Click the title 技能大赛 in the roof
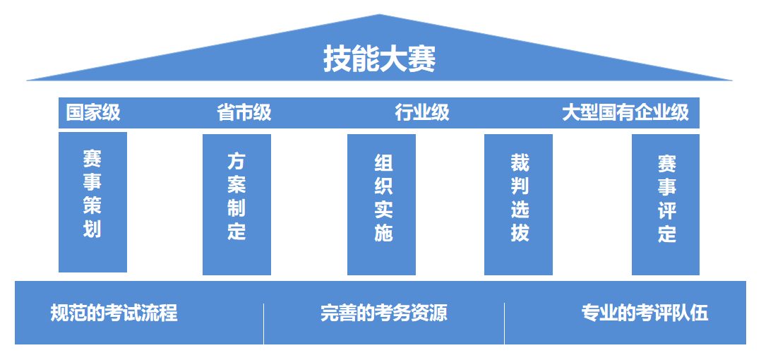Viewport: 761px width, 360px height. (x=379, y=59)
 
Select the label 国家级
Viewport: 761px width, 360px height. (x=93, y=113)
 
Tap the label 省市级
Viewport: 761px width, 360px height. (x=244, y=113)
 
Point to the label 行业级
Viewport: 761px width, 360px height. (x=421, y=113)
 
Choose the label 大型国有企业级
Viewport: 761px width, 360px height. (x=625, y=113)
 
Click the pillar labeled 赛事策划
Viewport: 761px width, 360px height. (x=92, y=202)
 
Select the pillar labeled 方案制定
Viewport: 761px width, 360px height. (x=236, y=204)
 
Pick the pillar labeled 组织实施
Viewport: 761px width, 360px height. (x=381, y=204)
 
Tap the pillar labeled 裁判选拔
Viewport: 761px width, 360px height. (x=518, y=204)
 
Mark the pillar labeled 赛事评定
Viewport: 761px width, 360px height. (x=665, y=204)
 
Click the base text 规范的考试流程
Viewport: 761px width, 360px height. (x=114, y=313)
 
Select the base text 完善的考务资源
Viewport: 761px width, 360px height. (x=383, y=313)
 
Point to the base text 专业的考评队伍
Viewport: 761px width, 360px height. (x=645, y=313)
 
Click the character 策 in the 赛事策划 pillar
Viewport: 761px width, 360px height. (x=92, y=205)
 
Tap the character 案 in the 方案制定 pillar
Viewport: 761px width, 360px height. (x=236, y=185)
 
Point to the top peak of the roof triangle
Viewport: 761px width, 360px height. (x=380, y=16)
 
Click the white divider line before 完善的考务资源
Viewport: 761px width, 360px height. (x=263, y=323)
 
